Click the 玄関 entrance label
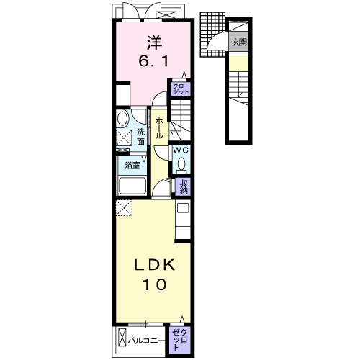(239, 42)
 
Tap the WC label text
(181, 150)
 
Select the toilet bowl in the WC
(181, 163)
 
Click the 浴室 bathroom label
(132, 165)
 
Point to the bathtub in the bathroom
(132, 186)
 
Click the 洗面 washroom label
(141, 137)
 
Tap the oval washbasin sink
(122, 118)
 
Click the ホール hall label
(158, 128)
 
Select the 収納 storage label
(184, 186)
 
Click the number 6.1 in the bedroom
(153, 62)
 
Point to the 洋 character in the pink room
(154, 43)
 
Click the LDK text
(154, 266)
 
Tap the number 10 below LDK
(155, 285)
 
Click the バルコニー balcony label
(143, 341)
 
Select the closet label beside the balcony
(180, 340)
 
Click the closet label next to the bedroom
(181, 89)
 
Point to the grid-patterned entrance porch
(212, 35)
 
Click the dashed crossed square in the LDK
(124, 208)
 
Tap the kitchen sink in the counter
(183, 208)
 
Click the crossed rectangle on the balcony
(122, 337)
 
